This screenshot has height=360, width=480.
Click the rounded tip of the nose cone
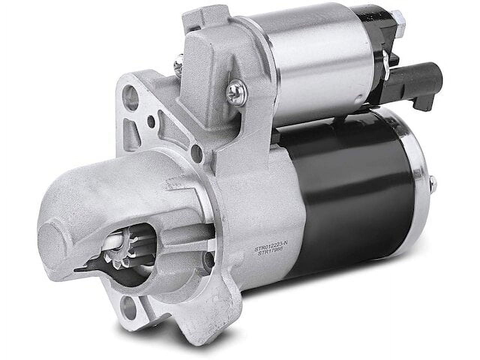tap(56, 244)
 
